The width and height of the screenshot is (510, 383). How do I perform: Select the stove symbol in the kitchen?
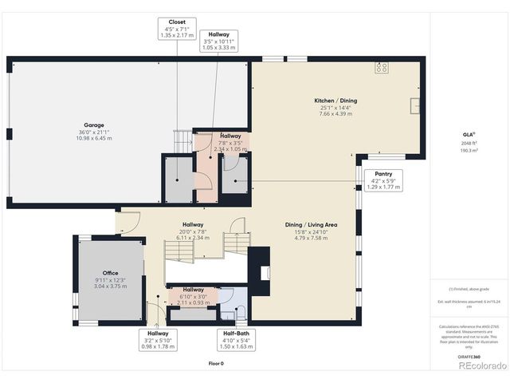381,68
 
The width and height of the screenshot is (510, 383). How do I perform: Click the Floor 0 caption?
216,363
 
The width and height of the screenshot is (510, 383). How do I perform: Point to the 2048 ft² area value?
469,144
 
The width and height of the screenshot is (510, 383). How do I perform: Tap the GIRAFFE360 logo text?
469,357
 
